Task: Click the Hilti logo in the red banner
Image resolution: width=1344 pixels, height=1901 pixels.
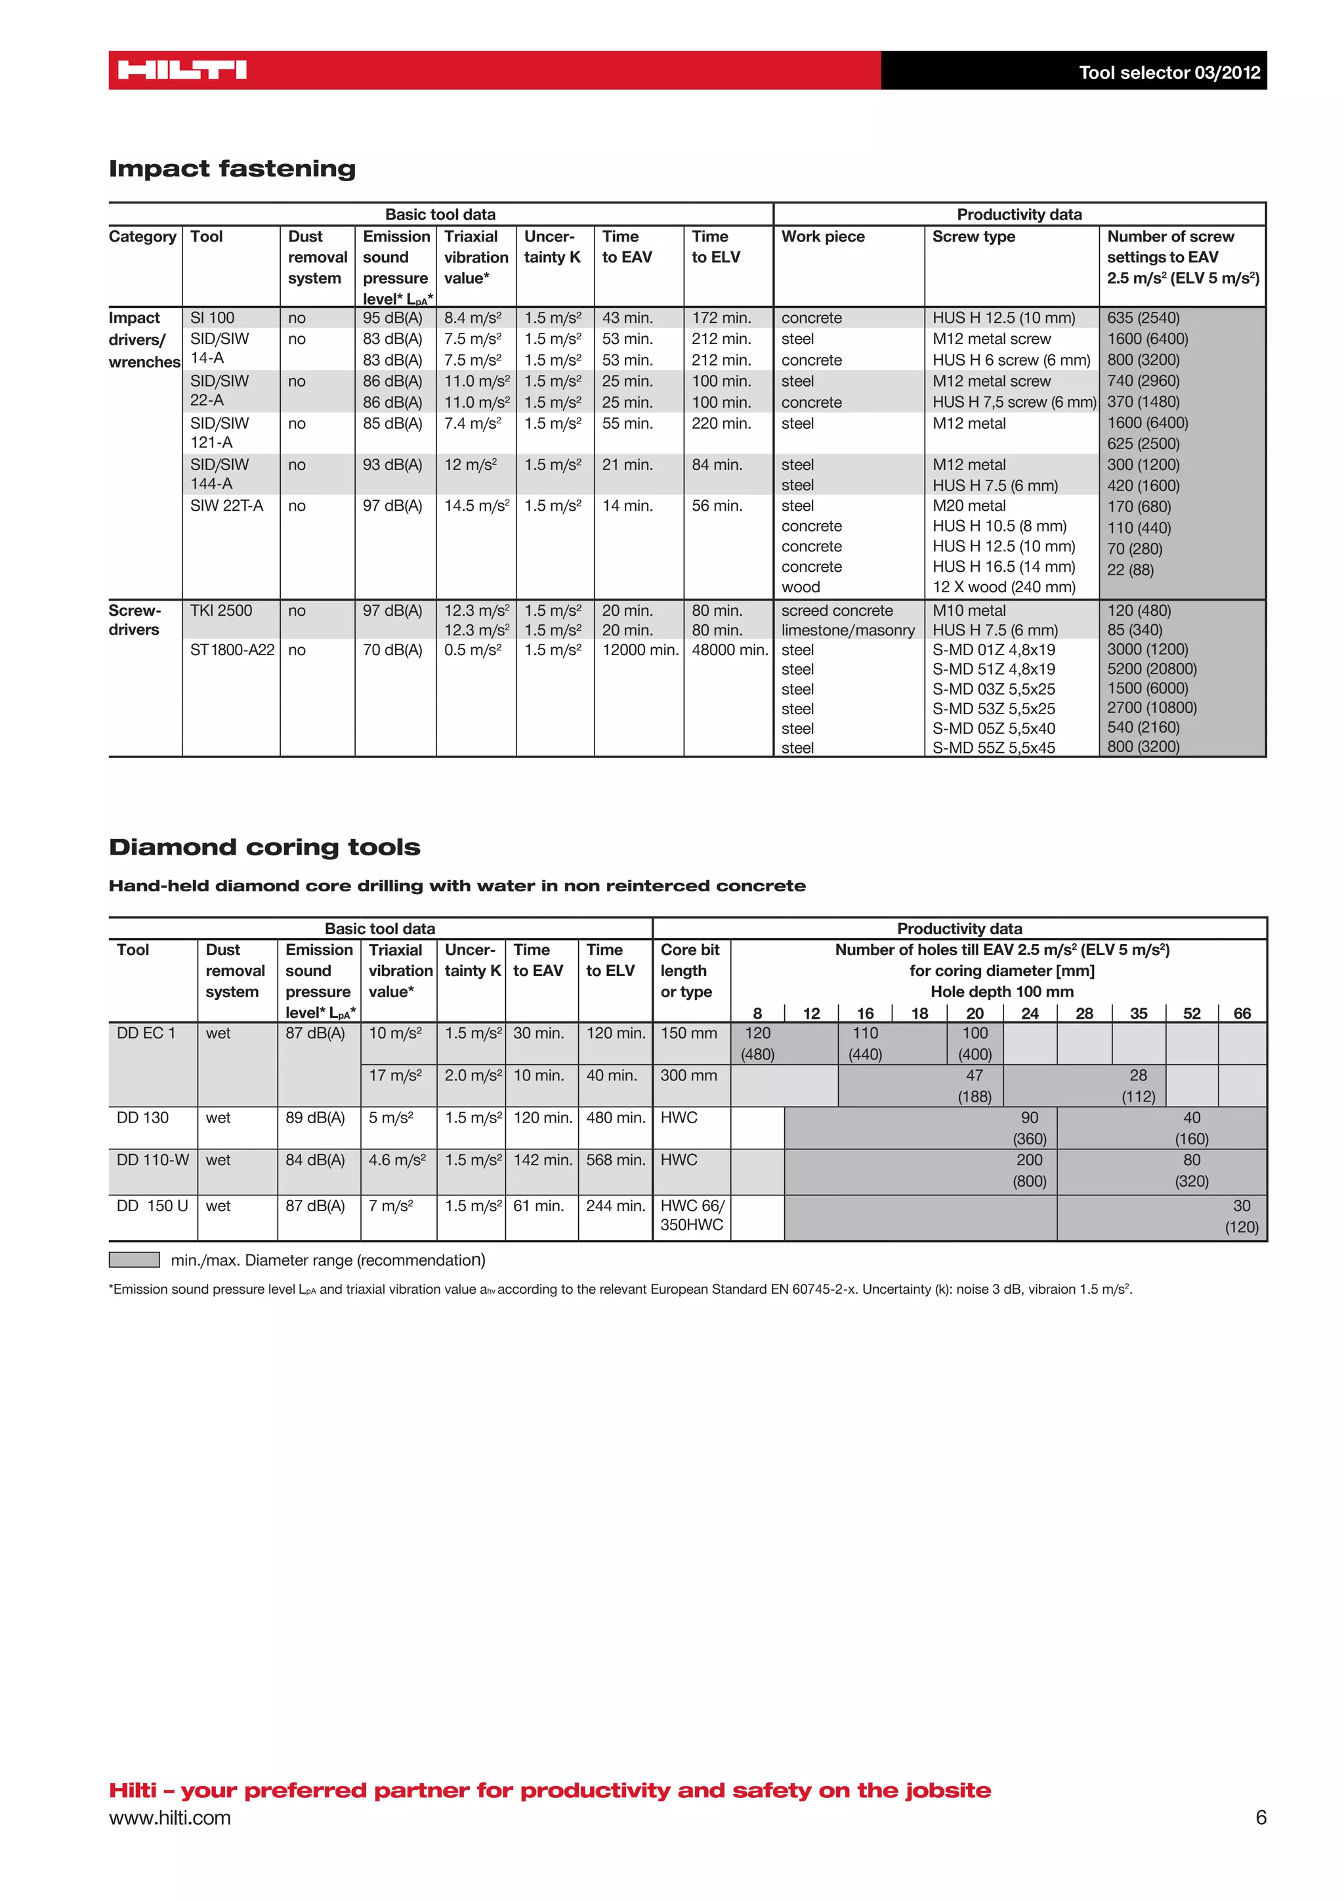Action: pos(182,70)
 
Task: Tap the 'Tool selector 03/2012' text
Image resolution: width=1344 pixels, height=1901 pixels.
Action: pos(1169,72)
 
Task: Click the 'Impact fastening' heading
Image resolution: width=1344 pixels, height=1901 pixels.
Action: pos(232,169)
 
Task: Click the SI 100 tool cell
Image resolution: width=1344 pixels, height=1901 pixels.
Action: pos(212,318)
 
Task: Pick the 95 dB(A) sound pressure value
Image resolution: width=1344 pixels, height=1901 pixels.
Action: pos(392,318)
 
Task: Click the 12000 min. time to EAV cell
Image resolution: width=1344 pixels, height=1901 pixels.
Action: pos(640,650)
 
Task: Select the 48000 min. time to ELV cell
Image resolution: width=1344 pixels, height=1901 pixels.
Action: pos(729,650)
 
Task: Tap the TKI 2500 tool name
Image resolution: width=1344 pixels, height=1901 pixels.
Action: pos(221,611)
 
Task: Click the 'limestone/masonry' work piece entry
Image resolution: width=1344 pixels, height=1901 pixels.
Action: pos(847,630)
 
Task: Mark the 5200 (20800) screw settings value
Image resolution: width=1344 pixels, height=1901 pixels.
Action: pos(1151,669)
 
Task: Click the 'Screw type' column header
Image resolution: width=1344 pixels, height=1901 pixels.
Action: pos(973,237)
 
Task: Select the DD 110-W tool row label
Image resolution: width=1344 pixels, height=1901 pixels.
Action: pos(152,1160)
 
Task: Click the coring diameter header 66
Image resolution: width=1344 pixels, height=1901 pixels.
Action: pos(1242,1014)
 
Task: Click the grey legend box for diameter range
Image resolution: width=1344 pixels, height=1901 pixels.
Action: pos(134,1259)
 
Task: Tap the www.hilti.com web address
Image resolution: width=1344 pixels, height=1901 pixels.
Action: pos(170,1818)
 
